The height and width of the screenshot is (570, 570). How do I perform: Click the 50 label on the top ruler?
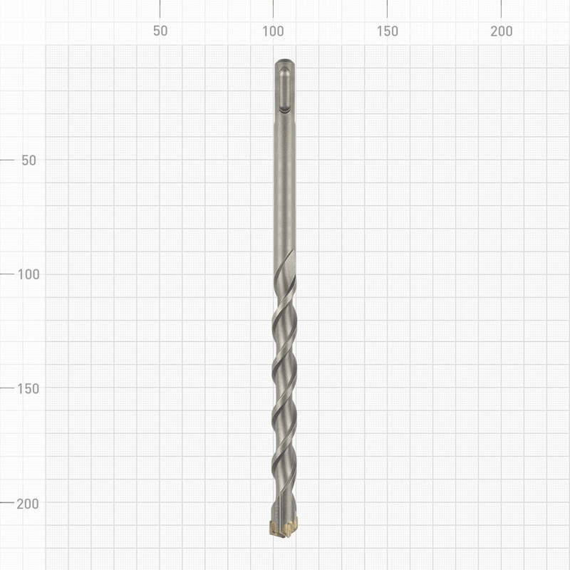coord(160,31)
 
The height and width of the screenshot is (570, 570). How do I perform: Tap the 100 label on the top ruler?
coord(274,31)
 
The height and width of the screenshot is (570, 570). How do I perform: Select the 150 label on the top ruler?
coord(388,31)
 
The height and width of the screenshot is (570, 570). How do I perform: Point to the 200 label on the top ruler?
coord(502,31)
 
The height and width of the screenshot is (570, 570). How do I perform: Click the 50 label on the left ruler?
coord(28,160)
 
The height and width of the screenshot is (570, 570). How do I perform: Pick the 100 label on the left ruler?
coord(28,274)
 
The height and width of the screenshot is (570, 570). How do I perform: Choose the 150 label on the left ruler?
coord(28,389)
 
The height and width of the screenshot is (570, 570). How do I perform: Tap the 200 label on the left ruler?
coord(28,504)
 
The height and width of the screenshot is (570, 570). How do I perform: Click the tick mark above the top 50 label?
coord(160,9)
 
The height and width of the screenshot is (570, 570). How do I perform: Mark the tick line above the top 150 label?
coord(387,9)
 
